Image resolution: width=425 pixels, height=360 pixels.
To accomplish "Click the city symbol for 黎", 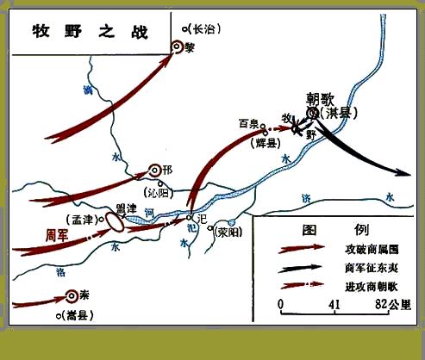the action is tap(182, 48).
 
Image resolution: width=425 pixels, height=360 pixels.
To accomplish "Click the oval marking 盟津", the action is tap(115, 222).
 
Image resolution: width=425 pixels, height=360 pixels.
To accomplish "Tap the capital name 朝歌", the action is tap(320, 98).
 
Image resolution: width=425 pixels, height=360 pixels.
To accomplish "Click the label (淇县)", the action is tap(339, 113).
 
